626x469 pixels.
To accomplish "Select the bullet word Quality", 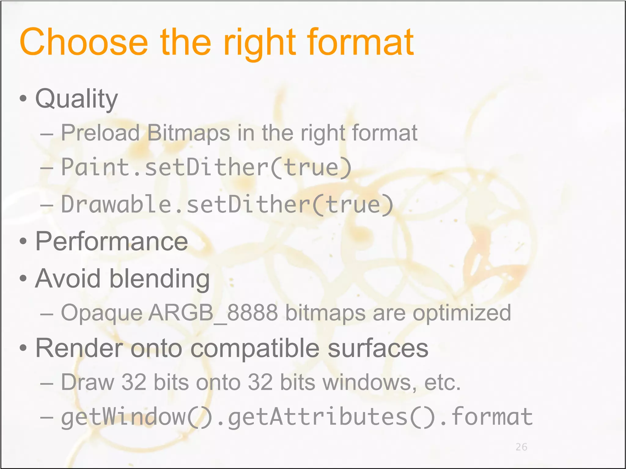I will tap(76, 99).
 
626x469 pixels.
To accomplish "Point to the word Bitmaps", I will tap(188, 133).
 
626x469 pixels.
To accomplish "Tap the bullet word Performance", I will tap(112, 242).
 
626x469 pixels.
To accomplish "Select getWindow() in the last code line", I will tap(136, 417).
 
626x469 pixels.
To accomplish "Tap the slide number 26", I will tap(521, 447).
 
